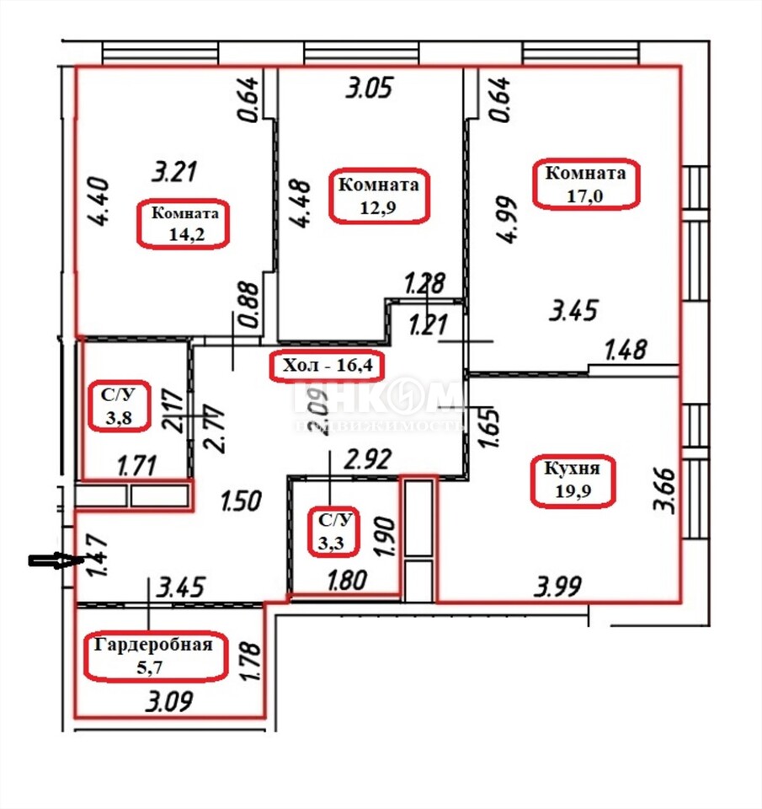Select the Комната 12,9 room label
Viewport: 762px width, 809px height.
tap(377, 196)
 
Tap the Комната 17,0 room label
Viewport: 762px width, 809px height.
tap(586, 184)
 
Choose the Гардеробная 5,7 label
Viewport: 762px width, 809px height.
tap(158, 655)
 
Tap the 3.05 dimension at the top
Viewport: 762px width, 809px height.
tap(369, 88)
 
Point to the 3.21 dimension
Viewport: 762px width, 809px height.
tap(173, 173)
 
